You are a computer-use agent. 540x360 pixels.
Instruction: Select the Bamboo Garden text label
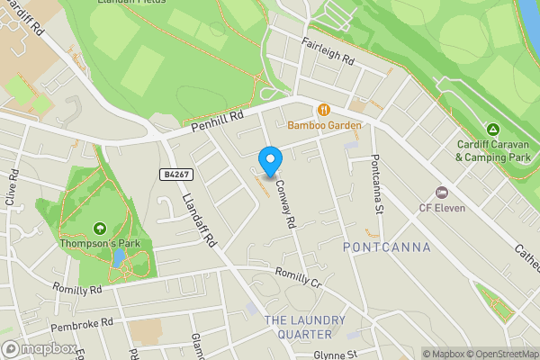pos(324,126)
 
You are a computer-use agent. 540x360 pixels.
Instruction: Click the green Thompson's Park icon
pos(99,229)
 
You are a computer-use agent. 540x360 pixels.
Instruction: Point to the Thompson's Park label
pos(98,243)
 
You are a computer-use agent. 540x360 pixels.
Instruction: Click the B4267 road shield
pos(177,174)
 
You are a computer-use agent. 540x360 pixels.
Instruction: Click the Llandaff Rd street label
pos(200,220)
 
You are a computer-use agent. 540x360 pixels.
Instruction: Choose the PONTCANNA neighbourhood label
pos(387,247)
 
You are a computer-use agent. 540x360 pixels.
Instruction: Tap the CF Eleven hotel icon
pos(441,193)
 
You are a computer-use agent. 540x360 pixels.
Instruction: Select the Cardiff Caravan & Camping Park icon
pos(492,130)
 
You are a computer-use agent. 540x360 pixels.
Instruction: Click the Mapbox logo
pos(39,348)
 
